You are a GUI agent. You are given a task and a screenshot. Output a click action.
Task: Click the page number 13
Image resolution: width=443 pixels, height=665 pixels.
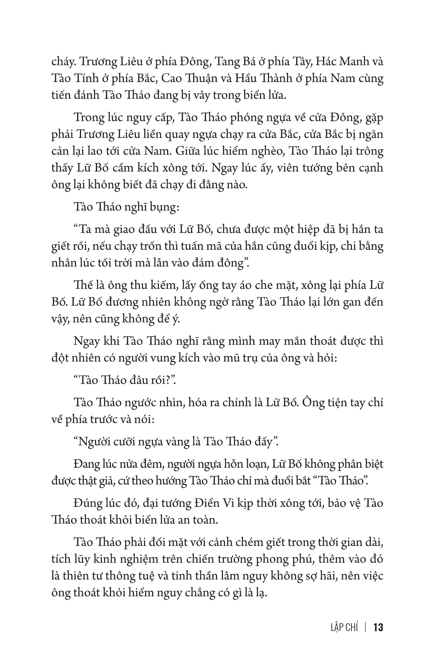tap(378, 628)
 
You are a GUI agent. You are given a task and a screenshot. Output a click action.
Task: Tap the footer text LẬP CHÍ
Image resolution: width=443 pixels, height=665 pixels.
tap(344, 628)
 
